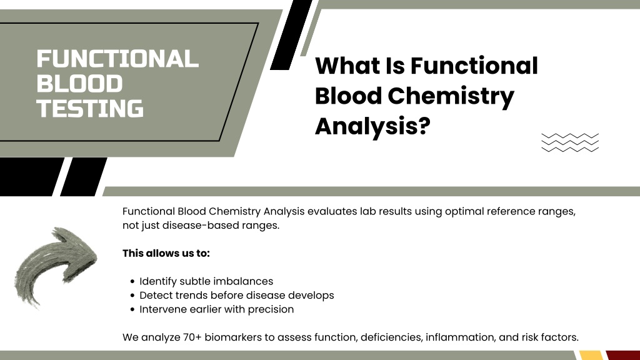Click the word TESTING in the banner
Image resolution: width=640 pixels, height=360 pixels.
point(90,109)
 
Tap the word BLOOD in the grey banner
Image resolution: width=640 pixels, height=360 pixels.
point(79,84)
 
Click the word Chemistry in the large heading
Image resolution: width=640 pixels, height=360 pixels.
point(451,97)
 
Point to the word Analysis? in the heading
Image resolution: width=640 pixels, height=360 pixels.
point(372,127)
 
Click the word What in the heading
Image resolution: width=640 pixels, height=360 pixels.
point(347,66)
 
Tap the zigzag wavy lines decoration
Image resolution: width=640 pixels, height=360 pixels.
point(570,142)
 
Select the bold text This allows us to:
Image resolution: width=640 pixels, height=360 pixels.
point(166,254)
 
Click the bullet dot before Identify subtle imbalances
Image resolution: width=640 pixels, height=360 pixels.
point(132,282)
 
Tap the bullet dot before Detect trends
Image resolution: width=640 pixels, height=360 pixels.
point(132,296)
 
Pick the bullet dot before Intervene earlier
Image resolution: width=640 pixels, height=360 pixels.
point(132,310)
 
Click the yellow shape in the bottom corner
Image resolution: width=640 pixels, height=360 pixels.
point(591,355)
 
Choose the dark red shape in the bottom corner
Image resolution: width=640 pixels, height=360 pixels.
point(623,355)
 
